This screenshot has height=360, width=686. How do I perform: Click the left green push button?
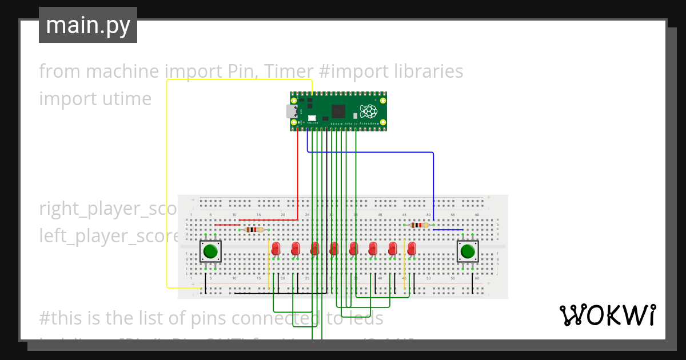click(210, 251)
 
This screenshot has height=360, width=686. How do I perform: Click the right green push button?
click(468, 251)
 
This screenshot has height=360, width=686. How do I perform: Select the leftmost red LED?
click(276, 248)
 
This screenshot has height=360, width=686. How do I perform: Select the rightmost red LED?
click(412, 248)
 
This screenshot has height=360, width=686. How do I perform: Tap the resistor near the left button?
click(254, 230)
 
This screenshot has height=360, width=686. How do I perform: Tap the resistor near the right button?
click(420, 225)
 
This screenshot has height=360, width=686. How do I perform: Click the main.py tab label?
click(88, 26)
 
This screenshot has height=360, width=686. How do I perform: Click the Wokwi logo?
click(607, 315)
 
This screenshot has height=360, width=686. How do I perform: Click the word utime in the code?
click(128, 99)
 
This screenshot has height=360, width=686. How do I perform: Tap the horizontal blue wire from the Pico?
click(372, 152)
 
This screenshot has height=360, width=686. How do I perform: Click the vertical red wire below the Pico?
click(298, 177)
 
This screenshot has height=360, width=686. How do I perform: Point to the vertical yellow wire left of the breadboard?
click(167, 183)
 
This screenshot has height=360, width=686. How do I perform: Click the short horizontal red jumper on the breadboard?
click(228, 225)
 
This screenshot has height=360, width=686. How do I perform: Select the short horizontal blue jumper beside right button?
click(448, 230)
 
